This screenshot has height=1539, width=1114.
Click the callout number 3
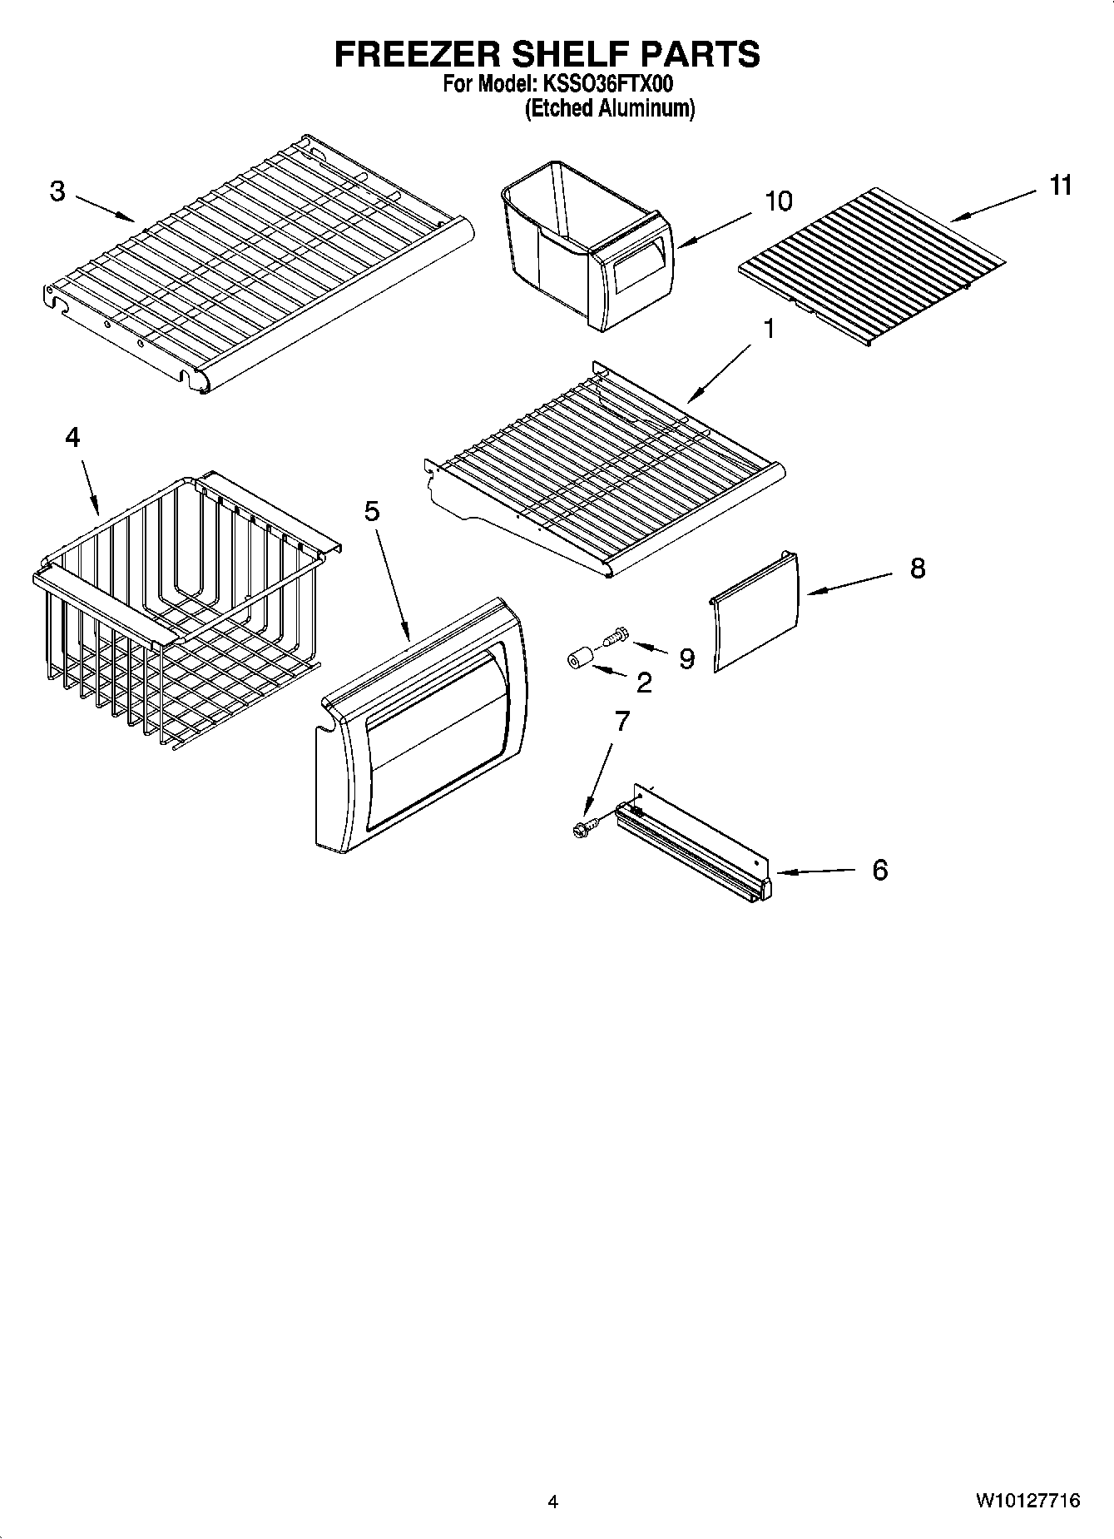[57, 191]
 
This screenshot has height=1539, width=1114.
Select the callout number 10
[778, 201]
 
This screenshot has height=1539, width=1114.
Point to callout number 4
[72, 437]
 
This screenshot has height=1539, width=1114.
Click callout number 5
[371, 511]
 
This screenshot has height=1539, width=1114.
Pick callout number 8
[917, 568]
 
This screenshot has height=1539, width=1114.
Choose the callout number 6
[879, 871]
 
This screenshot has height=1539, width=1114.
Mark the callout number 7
[621, 721]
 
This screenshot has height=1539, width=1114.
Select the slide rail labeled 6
[695, 849]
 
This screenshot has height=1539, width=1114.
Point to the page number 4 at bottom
[552, 1502]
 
